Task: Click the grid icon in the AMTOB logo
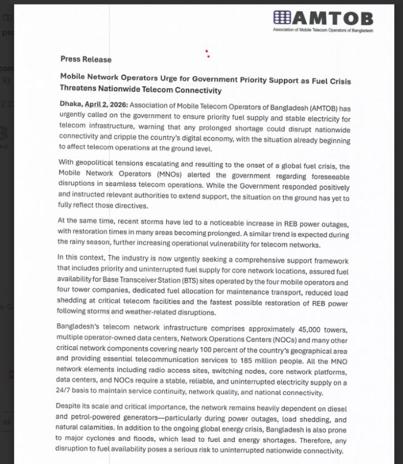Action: coord(281,18)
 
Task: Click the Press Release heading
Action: coord(86,59)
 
